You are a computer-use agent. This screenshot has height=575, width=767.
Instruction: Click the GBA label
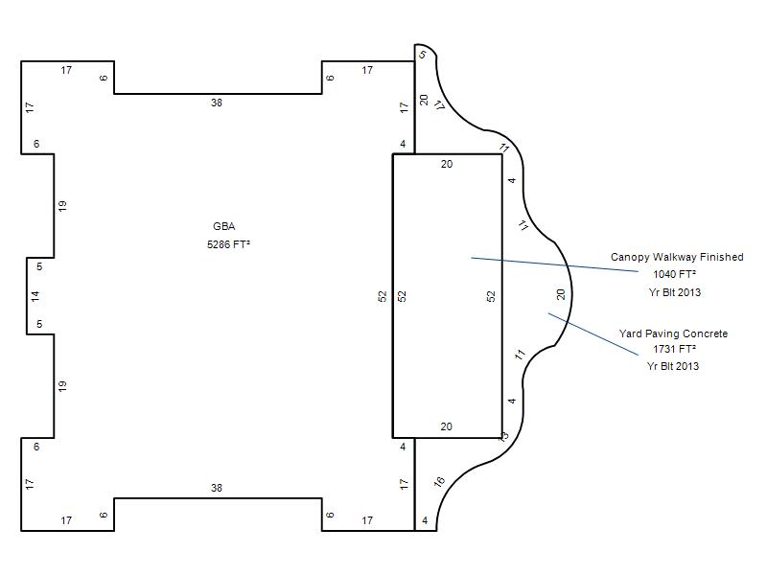[224, 226]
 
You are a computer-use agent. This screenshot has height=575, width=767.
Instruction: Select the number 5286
[219, 244]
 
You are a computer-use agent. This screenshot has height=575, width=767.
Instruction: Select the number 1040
[664, 274]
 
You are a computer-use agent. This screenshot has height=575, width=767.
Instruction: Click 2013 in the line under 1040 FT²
[689, 292]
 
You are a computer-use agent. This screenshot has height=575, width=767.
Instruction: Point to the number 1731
[663, 349]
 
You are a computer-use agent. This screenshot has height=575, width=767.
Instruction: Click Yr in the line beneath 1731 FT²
[653, 366]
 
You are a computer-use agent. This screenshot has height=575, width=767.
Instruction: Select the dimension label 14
[35, 296]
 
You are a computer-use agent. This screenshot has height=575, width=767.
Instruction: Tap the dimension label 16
[439, 482]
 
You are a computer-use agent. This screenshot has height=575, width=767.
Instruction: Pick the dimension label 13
[503, 436]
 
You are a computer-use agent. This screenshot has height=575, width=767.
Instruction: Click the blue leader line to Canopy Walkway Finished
[555, 264]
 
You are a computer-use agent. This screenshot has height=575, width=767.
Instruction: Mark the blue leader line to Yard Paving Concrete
[593, 333]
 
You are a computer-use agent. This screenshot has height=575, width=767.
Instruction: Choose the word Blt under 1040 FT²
[667, 292]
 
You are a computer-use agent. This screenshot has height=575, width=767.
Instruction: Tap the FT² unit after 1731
[687, 349]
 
